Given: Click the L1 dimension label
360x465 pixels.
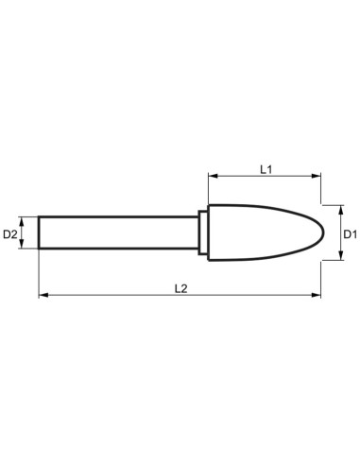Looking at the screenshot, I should [x=266, y=168].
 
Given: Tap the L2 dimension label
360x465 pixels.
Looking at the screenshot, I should [x=182, y=289].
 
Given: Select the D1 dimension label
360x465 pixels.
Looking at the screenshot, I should [x=348, y=232].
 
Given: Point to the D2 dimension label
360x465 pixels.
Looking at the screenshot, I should [x=11, y=232].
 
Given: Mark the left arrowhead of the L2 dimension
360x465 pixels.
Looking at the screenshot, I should [x=43, y=297].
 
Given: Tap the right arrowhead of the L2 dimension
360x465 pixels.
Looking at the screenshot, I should [x=317, y=297].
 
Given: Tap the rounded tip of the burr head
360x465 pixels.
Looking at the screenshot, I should [x=324, y=232].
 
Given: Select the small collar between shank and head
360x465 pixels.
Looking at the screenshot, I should [x=202, y=232].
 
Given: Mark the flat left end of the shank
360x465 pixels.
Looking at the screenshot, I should [x=40, y=232].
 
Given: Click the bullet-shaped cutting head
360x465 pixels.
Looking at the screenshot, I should [x=260, y=232].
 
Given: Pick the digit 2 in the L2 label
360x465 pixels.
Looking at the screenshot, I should [x=186, y=289].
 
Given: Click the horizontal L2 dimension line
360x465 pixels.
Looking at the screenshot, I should [x=113, y=297].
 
